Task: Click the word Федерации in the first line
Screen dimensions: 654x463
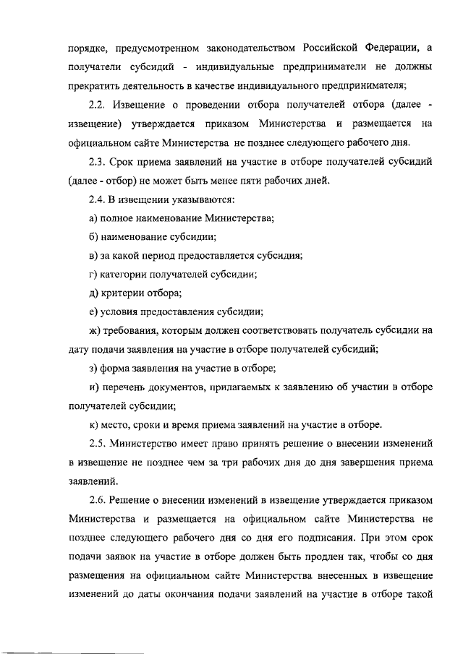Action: (x=386, y=48)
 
